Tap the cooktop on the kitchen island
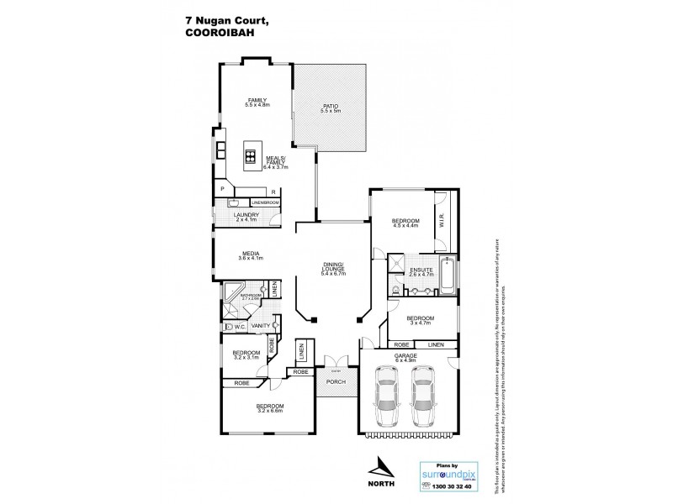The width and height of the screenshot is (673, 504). click(251, 154)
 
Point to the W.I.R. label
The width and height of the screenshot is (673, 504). click(441, 223)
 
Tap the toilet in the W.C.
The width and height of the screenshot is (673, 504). click(229, 328)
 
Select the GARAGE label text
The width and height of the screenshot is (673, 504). click(406, 357)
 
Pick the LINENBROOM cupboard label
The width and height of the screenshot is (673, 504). click(264, 202)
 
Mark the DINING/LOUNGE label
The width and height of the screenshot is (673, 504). click(333, 268)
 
